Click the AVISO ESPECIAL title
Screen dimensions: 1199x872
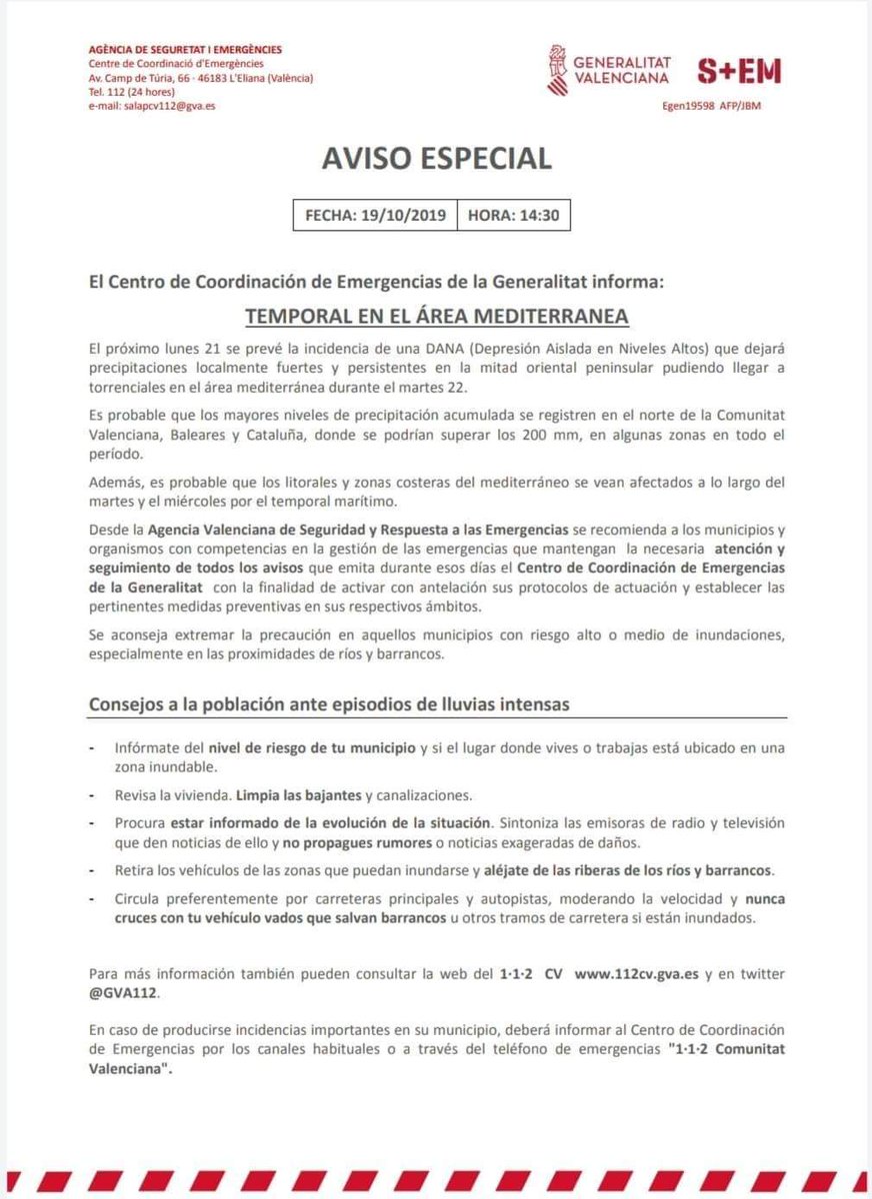coord(436,158)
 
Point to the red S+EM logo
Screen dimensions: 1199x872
coord(739,71)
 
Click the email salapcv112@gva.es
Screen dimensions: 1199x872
coord(151,105)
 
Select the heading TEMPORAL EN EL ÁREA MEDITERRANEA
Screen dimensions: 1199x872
coord(436,316)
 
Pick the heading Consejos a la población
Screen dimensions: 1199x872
coord(329,704)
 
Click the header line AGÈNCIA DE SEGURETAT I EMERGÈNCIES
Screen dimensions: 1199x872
coord(185,49)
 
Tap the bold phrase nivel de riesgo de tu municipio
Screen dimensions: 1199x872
coord(312,747)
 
